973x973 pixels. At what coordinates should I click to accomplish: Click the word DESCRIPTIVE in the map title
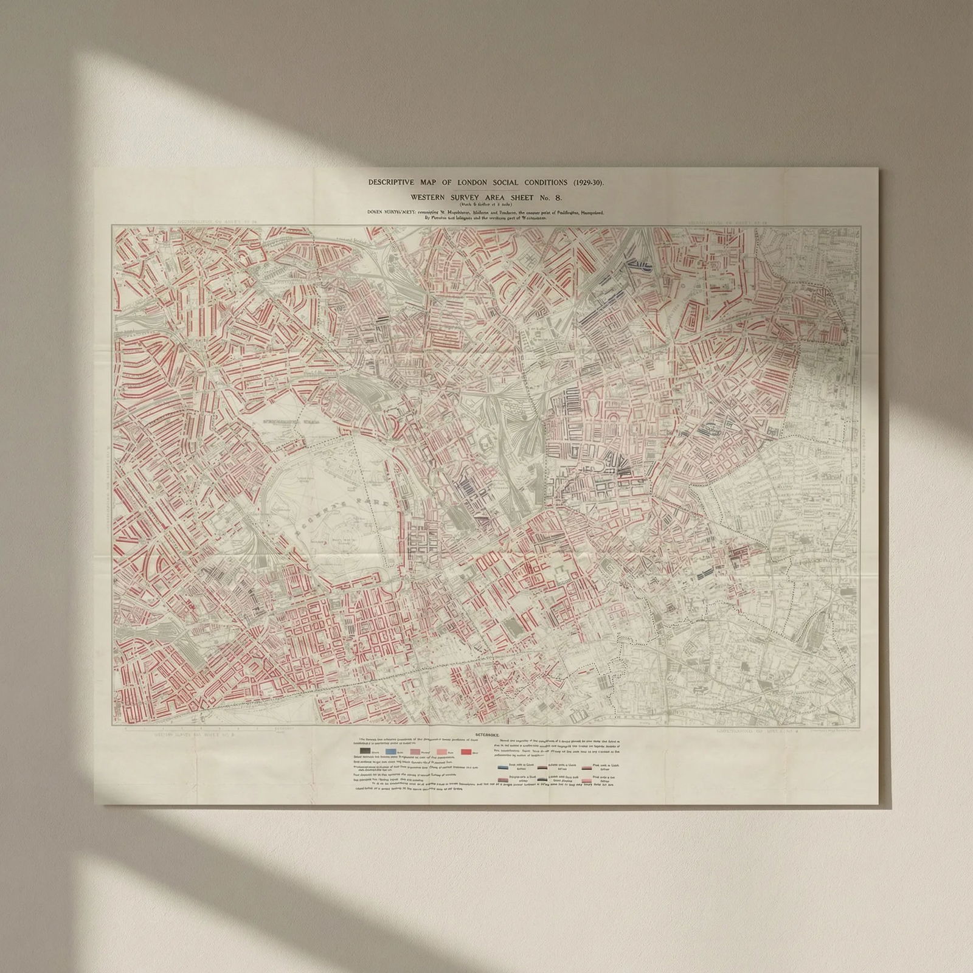tap(390, 182)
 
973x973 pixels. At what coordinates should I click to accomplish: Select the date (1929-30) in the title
tap(585, 182)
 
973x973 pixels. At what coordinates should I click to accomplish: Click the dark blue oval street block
tap(637, 264)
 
